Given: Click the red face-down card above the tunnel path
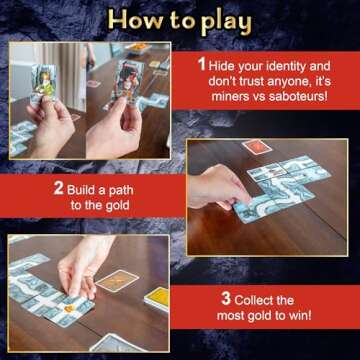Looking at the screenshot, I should click(257, 147).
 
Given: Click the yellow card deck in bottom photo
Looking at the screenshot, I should click(158, 297).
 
